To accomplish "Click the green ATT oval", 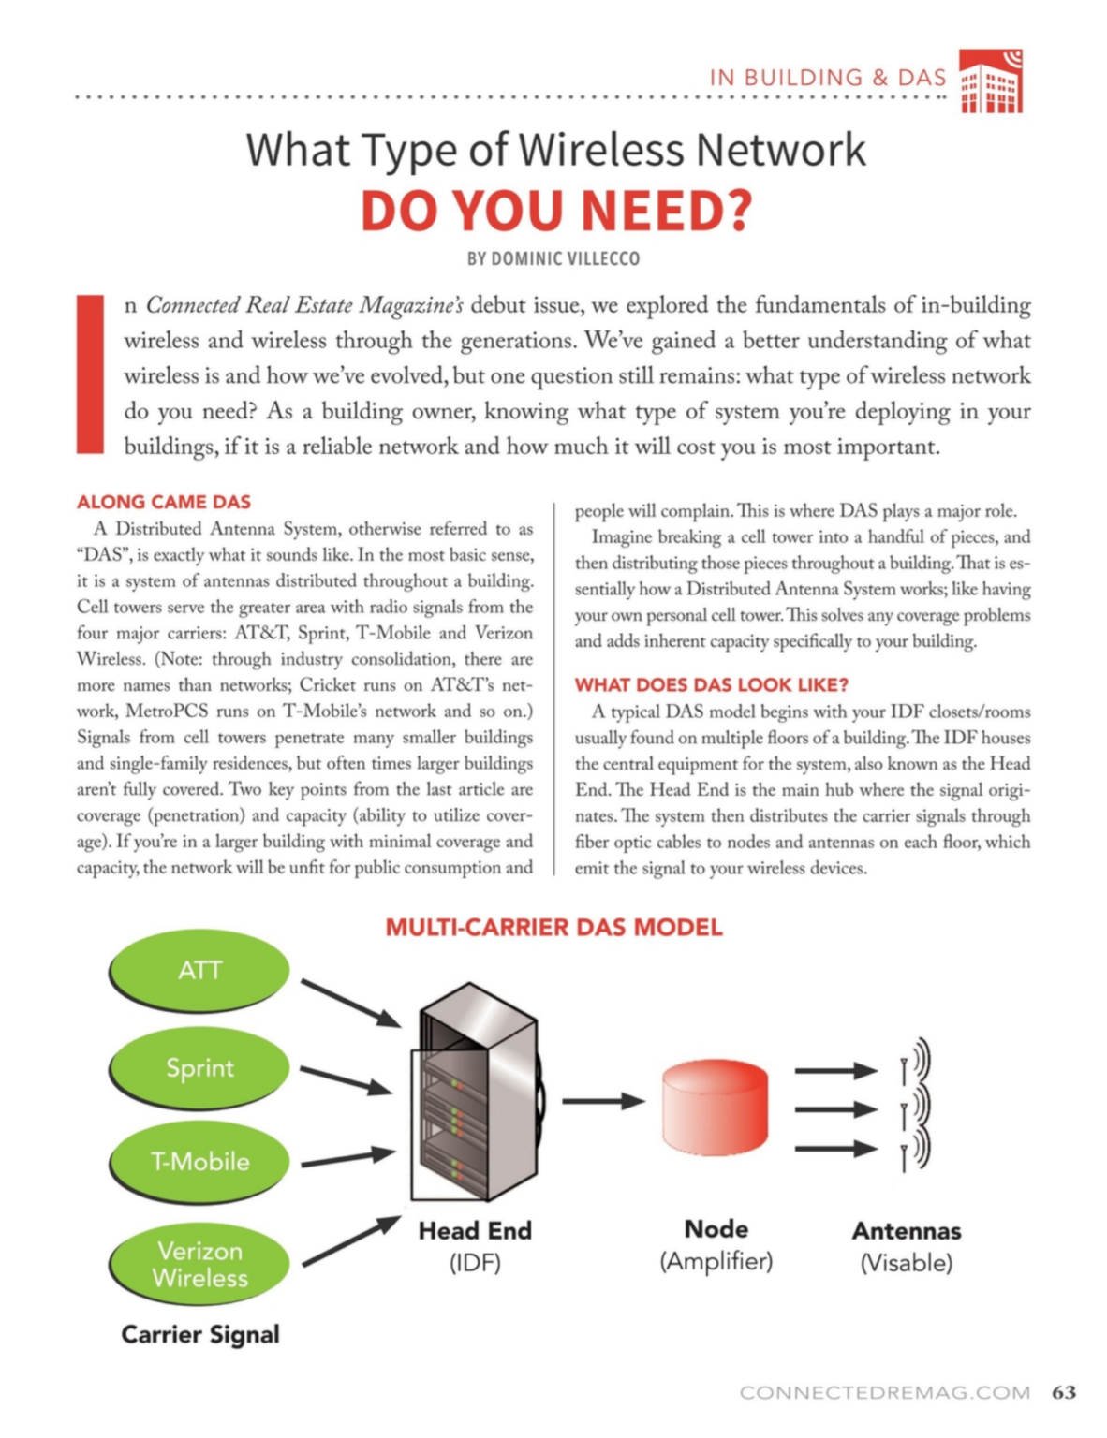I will tap(199, 971).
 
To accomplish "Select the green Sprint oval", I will tap(199, 1068).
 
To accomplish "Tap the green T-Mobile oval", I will tap(199, 1162).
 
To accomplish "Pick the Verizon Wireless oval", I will tap(199, 1264).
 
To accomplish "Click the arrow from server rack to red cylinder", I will tap(602, 1101).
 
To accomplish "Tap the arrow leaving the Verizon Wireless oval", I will tap(351, 1241).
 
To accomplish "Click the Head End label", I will tap(475, 1230).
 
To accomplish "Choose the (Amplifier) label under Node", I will tap(716, 1261).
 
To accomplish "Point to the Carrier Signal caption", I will tap(200, 1334).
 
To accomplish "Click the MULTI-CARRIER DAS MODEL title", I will tap(553, 928).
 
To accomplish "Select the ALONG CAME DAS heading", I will tap(164, 502).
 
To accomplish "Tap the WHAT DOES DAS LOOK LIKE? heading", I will tap(711, 684).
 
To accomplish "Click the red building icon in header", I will tap(991, 81).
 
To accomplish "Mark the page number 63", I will tap(1064, 1392).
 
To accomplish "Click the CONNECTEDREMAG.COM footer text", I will tap(885, 1393).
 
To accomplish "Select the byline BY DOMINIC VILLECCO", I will tap(553, 258).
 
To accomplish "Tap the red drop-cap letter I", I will tap(91, 374).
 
